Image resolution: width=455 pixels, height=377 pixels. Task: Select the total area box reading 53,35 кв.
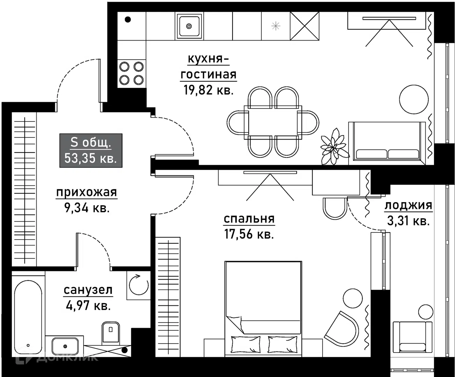[x=91, y=150]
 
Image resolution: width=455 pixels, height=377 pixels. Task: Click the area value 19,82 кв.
[x=208, y=90]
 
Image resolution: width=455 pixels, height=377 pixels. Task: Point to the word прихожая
[x=87, y=192]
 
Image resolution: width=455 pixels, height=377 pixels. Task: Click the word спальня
[x=249, y=219]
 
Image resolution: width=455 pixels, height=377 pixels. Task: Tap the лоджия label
[x=408, y=206]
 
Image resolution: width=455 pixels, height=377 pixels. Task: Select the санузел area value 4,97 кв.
[x=88, y=306]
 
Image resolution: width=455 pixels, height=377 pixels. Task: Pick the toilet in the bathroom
[x=110, y=332]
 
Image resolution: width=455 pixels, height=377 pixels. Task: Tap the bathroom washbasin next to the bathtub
[x=65, y=346]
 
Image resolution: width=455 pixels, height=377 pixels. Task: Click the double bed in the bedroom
[x=263, y=307]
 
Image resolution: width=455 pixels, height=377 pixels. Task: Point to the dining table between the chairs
[x=273, y=122]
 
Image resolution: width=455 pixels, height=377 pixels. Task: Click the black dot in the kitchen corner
[x=128, y=20]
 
